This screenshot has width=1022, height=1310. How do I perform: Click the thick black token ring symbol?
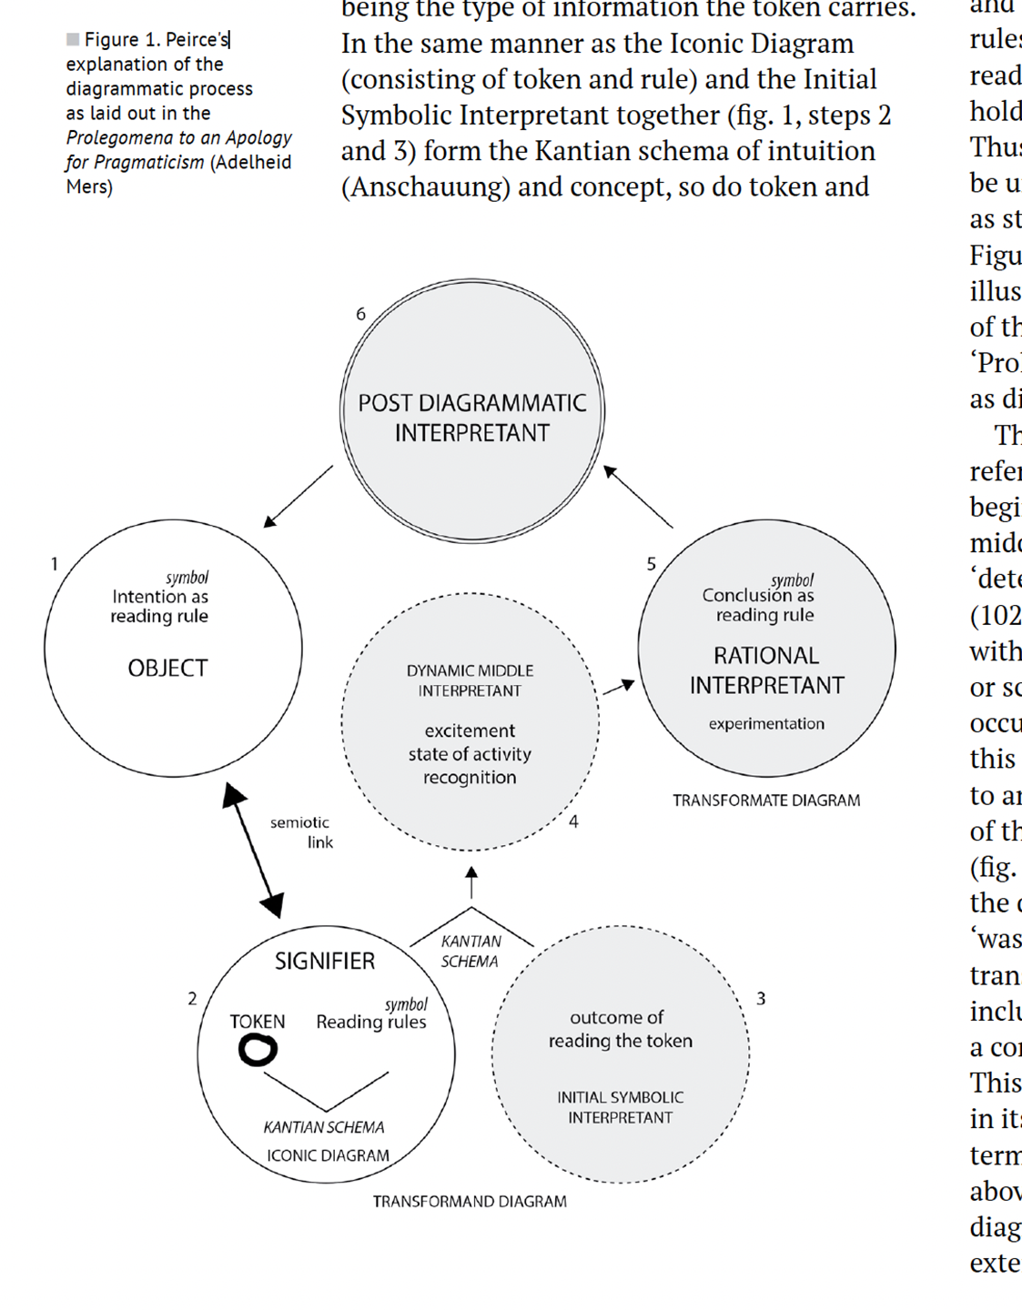pyautogui.click(x=258, y=1051)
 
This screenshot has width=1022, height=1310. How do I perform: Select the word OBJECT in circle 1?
pyautogui.click(x=167, y=668)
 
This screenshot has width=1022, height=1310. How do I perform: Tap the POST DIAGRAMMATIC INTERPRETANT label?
pyautogui.click(x=471, y=418)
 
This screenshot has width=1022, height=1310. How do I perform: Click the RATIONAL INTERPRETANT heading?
pyautogui.click(x=766, y=670)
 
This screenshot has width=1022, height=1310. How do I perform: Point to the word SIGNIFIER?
pyautogui.click(x=325, y=961)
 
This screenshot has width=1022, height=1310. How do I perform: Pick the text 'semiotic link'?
pyautogui.click(x=302, y=831)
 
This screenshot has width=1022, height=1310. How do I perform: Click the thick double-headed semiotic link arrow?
pyautogui.click(x=253, y=851)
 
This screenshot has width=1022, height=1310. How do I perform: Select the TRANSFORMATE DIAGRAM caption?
pyautogui.click(x=766, y=801)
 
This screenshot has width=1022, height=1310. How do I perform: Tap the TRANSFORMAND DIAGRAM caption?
pyautogui.click(x=470, y=1202)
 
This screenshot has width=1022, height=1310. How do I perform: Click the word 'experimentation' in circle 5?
pyautogui.click(x=766, y=724)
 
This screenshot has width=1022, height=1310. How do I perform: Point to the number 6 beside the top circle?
pyautogui.click(x=360, y=314)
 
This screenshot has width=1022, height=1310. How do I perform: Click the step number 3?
pyautogui.click(x=761, y=999)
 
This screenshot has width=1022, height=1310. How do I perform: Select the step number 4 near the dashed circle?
pyautogui.click(x=573, y=821)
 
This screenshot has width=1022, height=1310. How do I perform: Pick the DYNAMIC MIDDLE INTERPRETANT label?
pyautogui.click(x=470, y=680)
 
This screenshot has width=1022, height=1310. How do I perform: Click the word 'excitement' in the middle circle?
pyautogui.click(x=470, y=731)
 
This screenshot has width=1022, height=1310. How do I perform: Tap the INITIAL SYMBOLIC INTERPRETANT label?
pyautogui.click(x=621, y=1107)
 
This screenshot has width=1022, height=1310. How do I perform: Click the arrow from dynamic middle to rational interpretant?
pyautogui.click(x=619, y=687)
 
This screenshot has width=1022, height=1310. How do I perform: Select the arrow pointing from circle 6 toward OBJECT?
pyautogui.click(x=298, y=497)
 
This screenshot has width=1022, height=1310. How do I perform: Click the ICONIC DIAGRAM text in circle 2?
pyautogui.click(x=328, y=1155)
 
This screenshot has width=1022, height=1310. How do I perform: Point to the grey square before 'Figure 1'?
pyautogui.click(x=73, y=39)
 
